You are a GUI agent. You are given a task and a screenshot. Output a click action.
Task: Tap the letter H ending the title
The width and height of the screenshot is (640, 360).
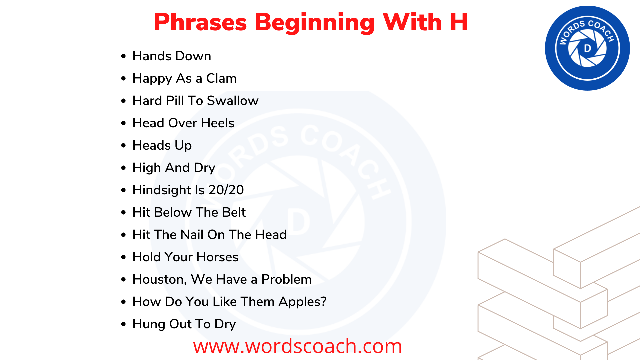(x=459, y=22)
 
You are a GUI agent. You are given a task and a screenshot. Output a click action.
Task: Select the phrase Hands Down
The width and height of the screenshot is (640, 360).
(x=172, y=56)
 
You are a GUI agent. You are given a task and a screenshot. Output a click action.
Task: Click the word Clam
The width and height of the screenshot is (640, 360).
(x=221, y=78)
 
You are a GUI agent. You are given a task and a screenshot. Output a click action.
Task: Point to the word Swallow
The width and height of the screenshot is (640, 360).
(x=233, y=101)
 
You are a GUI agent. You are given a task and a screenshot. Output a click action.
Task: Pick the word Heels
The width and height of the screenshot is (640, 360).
(x=217, y=123)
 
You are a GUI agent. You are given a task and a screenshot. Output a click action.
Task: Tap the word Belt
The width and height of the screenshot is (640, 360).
(x=234, y=212)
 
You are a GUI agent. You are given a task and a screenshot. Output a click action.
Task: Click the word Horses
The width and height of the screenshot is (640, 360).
(x=217, y=257)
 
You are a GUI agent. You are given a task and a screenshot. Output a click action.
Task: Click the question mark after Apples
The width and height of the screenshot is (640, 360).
(x=323, y=302)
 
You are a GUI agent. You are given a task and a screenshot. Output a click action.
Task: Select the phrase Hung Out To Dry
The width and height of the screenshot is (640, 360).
(x=184, y=324)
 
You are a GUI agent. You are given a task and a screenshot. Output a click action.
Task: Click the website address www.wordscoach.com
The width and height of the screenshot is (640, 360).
(x=297, y=346)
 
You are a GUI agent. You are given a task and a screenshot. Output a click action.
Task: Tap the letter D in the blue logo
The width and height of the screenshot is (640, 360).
(x=587, y=48)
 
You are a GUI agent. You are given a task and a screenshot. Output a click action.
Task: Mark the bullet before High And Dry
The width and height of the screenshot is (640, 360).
(x=124, y=168)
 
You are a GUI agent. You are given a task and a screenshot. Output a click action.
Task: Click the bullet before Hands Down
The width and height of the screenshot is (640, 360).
(x=124, y=56)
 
